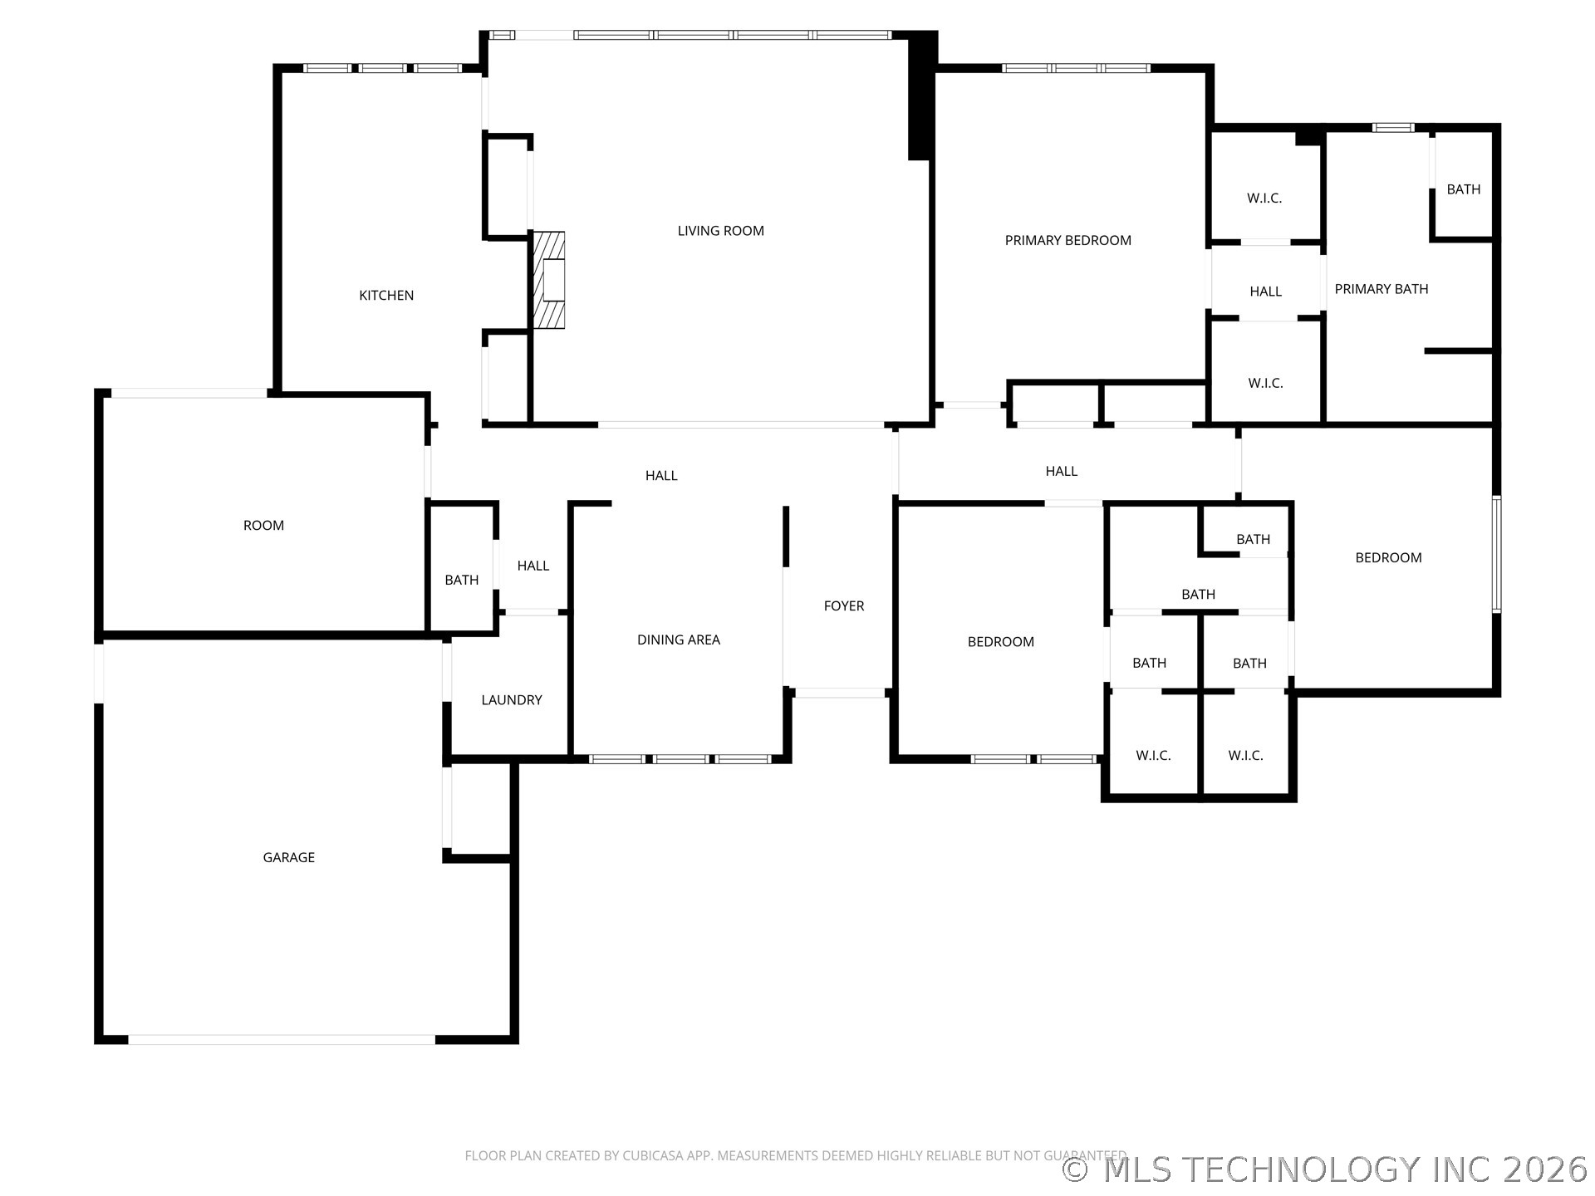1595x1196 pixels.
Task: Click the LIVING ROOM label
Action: pos(720,231)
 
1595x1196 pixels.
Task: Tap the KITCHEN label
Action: pos(386,296)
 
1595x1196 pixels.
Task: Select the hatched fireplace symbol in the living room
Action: pos(549,280)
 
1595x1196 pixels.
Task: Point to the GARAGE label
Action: pos(288,857)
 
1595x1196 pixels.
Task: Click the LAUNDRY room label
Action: pos(512,700)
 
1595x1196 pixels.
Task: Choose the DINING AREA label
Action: pos(678,640)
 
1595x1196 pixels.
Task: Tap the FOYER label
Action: pos(844,606)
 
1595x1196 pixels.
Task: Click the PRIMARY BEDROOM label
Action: pos(1067,241)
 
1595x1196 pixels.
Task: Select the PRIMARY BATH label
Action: pos(1381,289)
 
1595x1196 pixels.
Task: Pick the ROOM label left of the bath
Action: pos(263,526)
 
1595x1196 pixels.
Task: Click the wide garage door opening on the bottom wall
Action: pos(281,1039)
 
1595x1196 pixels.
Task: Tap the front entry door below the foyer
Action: pos(839,693)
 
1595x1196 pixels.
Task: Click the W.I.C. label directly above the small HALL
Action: pos(1264,199)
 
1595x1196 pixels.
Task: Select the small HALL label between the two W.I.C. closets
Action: pos(1265,292)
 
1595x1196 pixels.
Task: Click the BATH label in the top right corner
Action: pos(1463,189)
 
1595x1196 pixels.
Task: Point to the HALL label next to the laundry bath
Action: pos(532,566)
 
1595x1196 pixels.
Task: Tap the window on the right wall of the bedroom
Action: pos(1496,554)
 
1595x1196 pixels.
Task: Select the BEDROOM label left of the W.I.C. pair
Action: pos(1000,642)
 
